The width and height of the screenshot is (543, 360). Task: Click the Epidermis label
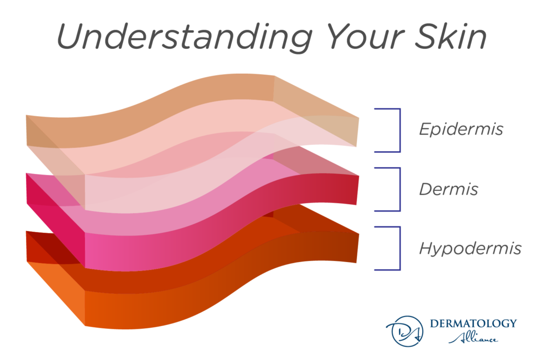coord(460,129)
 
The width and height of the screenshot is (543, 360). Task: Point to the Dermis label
coord(448,189)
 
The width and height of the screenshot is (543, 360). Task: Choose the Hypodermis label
coord(470,248)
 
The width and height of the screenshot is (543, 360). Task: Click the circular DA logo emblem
coord(402,330)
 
